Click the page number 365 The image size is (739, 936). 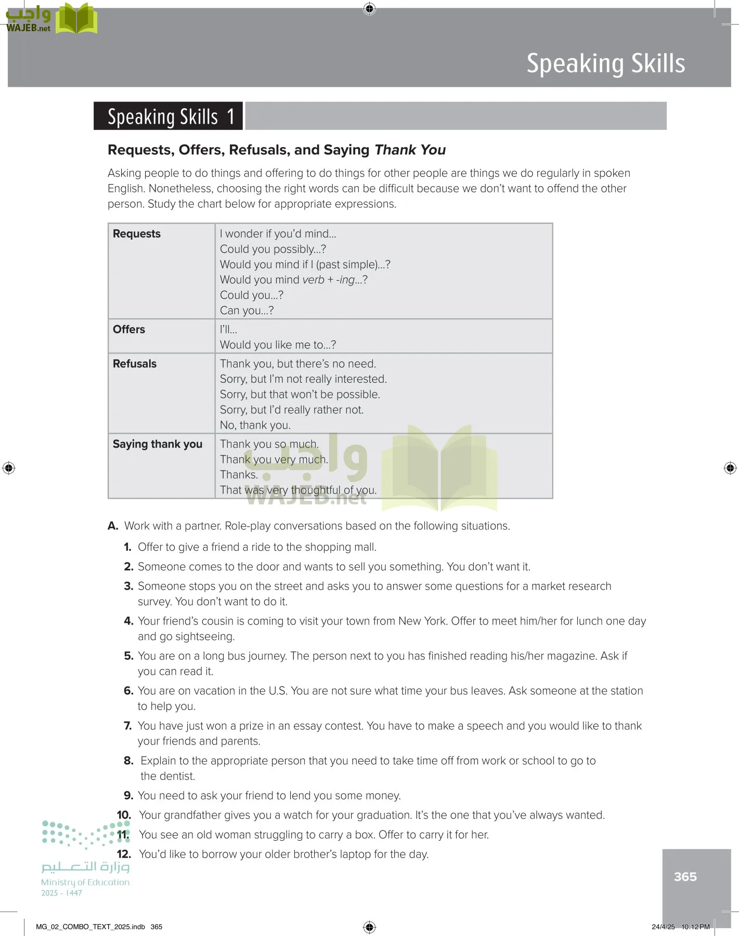(685, 877)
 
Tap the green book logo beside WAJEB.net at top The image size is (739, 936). (76, 19)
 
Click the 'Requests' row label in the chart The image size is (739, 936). (137, 234)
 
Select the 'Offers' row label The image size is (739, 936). (129, 330)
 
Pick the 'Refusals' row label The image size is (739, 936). (135, 364)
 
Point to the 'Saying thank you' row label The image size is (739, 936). (158, 444)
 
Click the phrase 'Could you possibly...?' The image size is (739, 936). (273, 249)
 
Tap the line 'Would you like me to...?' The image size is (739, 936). (278, 345)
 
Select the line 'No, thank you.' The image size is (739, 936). (255, 425)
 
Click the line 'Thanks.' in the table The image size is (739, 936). (239, 475)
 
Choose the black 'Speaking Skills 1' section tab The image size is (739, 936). (168, 116)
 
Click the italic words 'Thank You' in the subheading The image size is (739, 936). (410, 150)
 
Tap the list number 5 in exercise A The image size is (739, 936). (128, 656)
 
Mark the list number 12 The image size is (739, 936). (124, 854)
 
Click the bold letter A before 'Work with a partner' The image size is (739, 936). (113, 526)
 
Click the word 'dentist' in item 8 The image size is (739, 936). (177, 776)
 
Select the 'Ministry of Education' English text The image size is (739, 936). (85, 882)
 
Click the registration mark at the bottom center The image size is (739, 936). (369, 927)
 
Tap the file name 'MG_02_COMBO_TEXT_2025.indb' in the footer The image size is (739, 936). (90, 927)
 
